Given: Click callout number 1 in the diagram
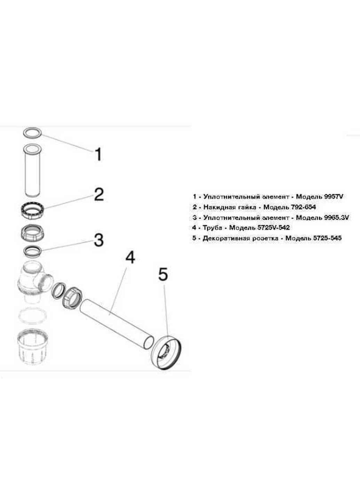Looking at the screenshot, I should pyautogui.click(x=98, y=154).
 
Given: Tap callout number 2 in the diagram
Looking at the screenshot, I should pyautogui.click(x=98, y=195).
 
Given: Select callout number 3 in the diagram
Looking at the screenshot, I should pyautogui.click(x=98, y=240).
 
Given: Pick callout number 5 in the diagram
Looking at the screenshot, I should pyautogui.click(x=163, y=275).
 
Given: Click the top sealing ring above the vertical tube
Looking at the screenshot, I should pyautogui.click(x=33, y=133).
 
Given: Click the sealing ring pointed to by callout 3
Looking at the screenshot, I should pyautogui.click(x=33, y=250).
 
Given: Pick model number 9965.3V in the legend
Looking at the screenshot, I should pyautogui.click(x=336, y=217).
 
